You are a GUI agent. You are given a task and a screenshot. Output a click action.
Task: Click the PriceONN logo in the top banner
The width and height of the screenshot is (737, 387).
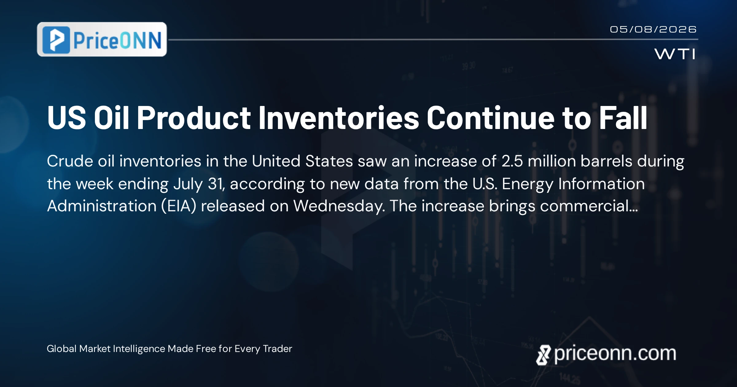[102, 39]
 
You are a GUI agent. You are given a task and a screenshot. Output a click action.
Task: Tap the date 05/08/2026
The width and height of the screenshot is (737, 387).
[653, 29]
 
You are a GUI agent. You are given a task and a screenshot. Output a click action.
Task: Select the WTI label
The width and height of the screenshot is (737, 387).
[675, 54]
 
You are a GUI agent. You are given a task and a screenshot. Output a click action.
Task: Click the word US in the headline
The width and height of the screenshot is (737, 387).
[67, 118]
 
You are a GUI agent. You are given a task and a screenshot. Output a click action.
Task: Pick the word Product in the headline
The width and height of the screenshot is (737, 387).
[194, 118]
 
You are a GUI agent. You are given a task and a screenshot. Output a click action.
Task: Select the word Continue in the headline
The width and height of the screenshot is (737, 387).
[490, 118]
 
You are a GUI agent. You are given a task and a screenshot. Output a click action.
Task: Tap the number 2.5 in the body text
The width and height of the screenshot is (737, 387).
[512, 161]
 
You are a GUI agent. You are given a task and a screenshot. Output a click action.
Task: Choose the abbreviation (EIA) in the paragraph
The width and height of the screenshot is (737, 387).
[179, 206]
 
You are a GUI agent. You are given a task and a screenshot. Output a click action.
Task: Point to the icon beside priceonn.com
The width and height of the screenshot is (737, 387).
[543, 355]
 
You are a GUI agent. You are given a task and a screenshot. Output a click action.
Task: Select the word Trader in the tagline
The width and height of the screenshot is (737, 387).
[278, 349]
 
